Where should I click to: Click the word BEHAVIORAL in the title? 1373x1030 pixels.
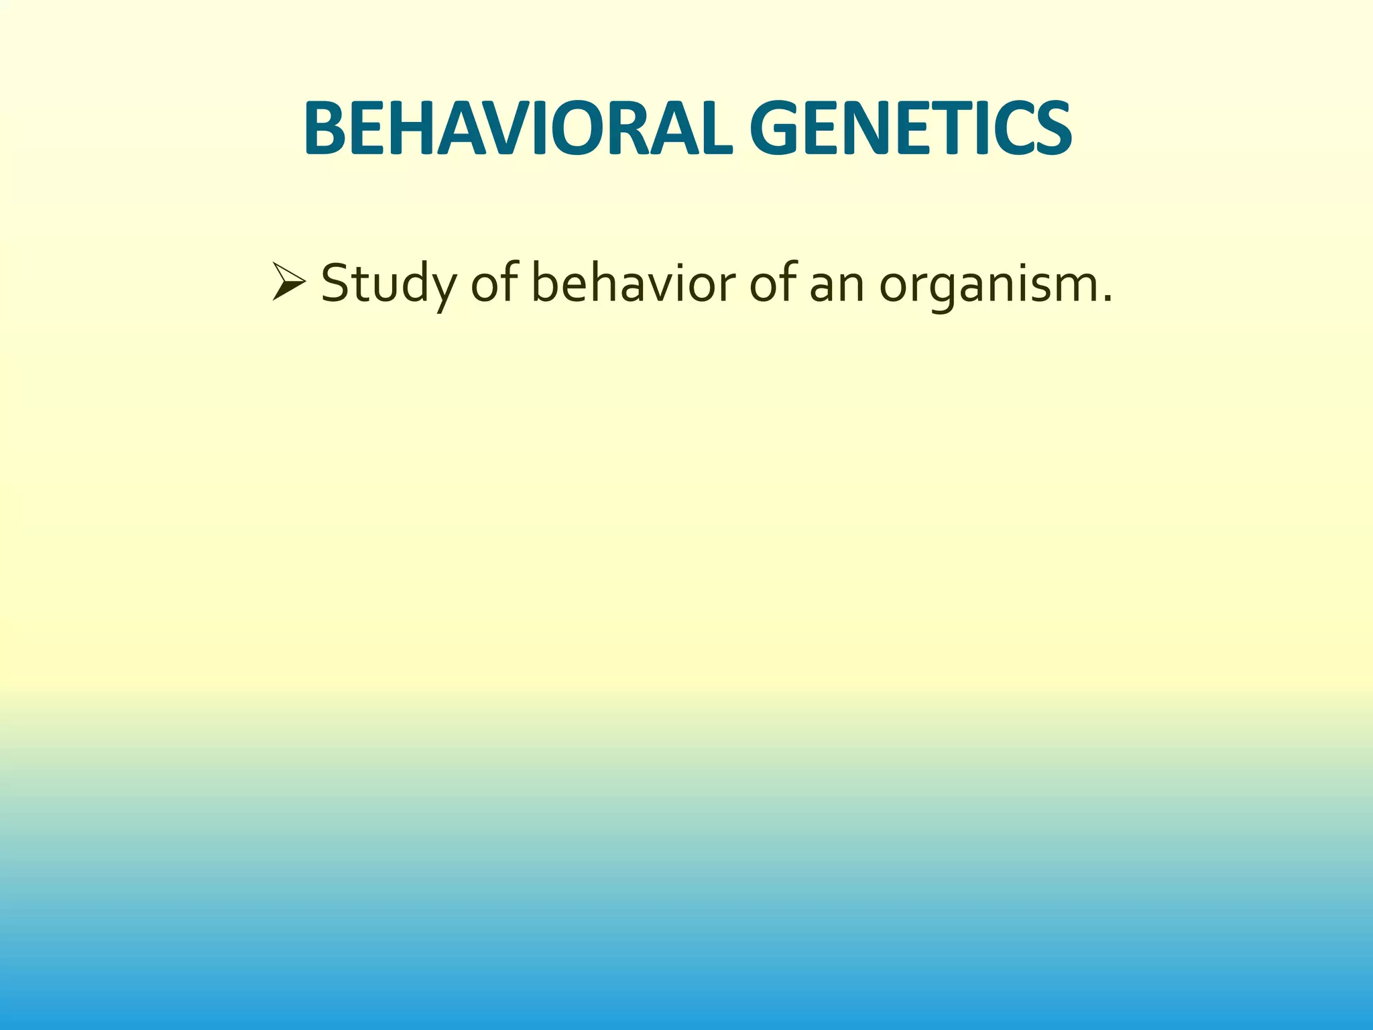click(515, 129)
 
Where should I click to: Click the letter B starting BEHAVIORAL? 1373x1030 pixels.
click(326, 129)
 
